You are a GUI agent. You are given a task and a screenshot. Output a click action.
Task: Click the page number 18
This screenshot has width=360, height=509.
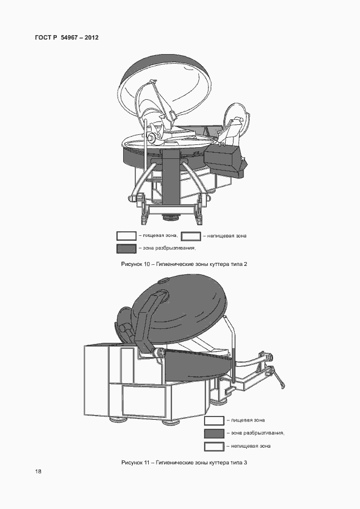[x=38, y=471]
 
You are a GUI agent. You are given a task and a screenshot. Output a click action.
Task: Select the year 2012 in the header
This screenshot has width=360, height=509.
[x=91, y=37]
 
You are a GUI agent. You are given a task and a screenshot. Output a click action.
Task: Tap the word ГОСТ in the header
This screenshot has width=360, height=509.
[x=43, y=37]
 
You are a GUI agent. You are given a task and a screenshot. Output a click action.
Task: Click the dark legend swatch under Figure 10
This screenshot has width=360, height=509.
[x=127, y=249]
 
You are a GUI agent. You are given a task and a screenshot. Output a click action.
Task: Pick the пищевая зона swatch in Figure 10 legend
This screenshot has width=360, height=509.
[x=127, y=236]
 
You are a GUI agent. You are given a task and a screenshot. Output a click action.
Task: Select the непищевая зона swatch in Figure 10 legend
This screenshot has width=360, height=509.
[x=191, y=236]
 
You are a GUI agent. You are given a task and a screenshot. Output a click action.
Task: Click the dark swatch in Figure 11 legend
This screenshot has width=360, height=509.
[x=214, y=433]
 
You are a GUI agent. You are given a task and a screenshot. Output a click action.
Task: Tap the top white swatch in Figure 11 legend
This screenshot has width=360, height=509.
[x=214, y=420]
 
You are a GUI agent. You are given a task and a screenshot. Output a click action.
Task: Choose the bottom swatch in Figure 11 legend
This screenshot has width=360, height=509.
[x=214, y=447]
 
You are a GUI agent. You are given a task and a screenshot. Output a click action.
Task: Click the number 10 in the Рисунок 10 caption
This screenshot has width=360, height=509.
[x=147, y=264]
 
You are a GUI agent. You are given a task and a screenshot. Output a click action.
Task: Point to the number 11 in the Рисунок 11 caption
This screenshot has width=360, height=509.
[x=147, y=462]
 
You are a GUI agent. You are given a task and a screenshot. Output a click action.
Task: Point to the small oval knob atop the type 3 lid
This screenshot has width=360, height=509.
[x=164, y=280]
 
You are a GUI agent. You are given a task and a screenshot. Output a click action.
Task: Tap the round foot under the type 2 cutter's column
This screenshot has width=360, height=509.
[x=171, y=217]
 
